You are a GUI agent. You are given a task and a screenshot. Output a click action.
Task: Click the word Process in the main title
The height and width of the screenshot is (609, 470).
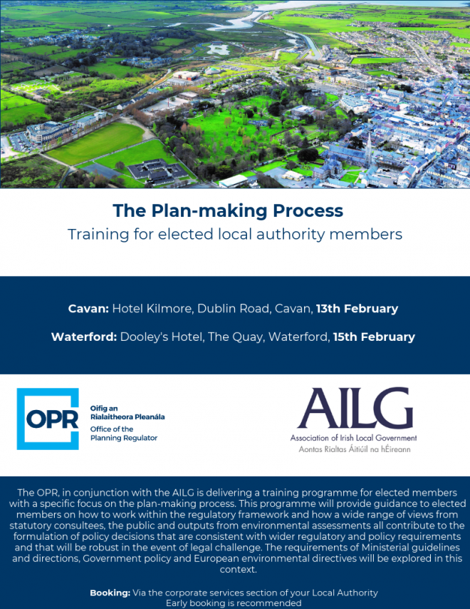tap(308, 211)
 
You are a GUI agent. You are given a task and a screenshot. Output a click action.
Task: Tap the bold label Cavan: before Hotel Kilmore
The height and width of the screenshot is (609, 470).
tap(88, 309)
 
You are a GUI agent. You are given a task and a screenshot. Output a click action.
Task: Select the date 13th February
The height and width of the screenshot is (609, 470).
tap(357, 309)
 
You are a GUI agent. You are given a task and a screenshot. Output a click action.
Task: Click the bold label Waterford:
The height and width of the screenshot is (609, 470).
tap(84, 337)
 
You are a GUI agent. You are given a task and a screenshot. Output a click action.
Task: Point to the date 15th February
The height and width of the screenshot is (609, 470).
tap(374, 337)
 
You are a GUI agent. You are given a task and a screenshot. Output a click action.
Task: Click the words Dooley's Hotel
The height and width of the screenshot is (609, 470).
tap(162, 337)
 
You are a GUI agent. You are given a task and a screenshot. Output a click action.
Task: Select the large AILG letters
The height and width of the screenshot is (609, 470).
tap(355, 407)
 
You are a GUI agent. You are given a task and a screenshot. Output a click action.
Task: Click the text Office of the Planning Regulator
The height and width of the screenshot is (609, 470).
tap(124, 434)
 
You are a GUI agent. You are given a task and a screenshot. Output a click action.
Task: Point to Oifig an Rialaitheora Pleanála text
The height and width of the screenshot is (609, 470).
tap(127, 412)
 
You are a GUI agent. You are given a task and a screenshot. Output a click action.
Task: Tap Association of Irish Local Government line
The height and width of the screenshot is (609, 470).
tap(354, 438)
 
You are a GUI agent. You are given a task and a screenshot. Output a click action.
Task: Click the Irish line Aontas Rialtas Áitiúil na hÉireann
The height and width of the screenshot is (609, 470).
tap(355, 449)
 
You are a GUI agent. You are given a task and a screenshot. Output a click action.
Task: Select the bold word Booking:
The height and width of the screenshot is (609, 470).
tap(110, 593)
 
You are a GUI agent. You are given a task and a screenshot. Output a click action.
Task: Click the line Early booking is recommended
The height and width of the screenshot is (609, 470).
tap(234, 603)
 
